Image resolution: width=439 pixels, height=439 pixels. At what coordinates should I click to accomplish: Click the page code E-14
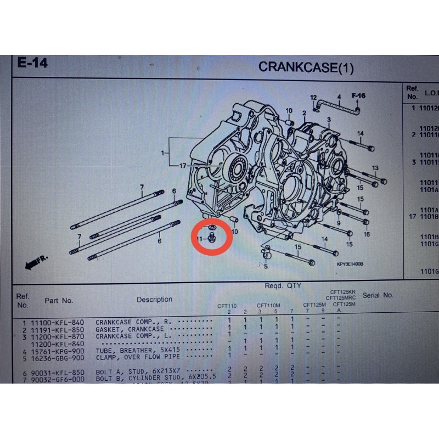(32, 63)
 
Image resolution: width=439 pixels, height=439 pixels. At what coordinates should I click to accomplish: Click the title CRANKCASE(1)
(306, 67)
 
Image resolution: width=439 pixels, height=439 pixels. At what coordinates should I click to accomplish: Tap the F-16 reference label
(358, 96)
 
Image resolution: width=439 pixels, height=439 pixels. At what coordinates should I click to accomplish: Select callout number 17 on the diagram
(182, 165)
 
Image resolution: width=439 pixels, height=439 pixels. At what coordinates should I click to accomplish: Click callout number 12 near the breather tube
(313, 98)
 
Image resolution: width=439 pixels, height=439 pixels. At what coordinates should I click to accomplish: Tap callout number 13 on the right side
(375, 167)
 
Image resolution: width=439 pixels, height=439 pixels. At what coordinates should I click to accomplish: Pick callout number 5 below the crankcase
(266, 267)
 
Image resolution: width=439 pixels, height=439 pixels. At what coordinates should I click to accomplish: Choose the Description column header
(154, 300)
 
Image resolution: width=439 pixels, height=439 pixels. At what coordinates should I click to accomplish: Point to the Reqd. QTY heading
(282, 286)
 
